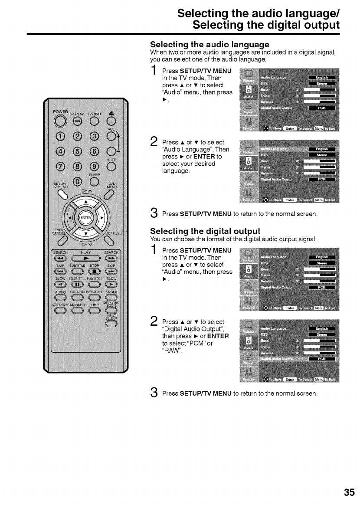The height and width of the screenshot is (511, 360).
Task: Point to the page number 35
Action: click(x=349, y=493)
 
